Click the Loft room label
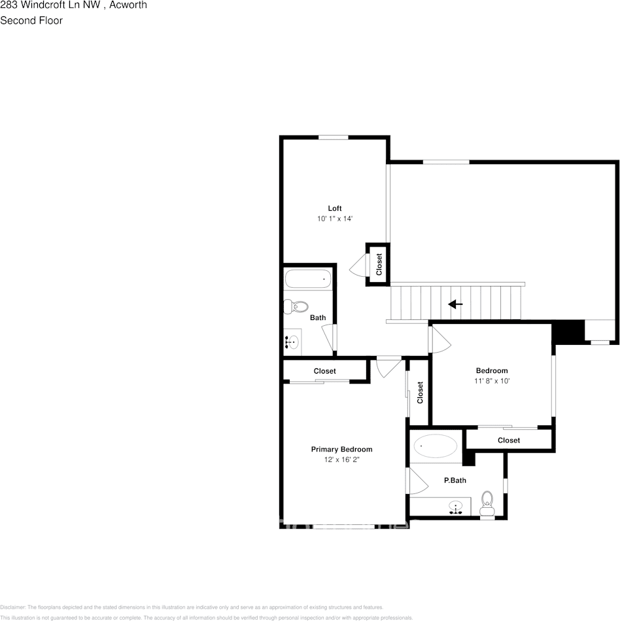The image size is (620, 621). [x=335, y=208]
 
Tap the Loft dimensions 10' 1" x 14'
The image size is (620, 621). [x=335, y=219]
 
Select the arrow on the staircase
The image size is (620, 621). [x=455, y=304]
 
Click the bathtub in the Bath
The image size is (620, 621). [x=308, y=279]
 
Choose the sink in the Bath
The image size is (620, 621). [x=292, y=341]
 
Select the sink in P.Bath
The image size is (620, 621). [x=456, y=506]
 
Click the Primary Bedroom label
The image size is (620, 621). [x=341, y=449]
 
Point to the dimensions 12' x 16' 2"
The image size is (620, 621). [x=341, y=460]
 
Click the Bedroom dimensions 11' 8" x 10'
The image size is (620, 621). [x=492, y=381]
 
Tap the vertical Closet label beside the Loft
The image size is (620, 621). [x=379, y=264]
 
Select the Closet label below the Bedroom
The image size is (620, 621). [x=509, y=440]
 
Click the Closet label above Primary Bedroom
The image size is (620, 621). [x=324, y=371]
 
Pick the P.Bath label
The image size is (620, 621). [x=455, y=480]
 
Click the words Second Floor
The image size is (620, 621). [x=31, y=20]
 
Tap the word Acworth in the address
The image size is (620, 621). [x=128, y=5]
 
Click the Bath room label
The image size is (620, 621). [x=318, y=318]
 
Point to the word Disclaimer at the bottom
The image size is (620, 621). [x=13, y=607]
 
